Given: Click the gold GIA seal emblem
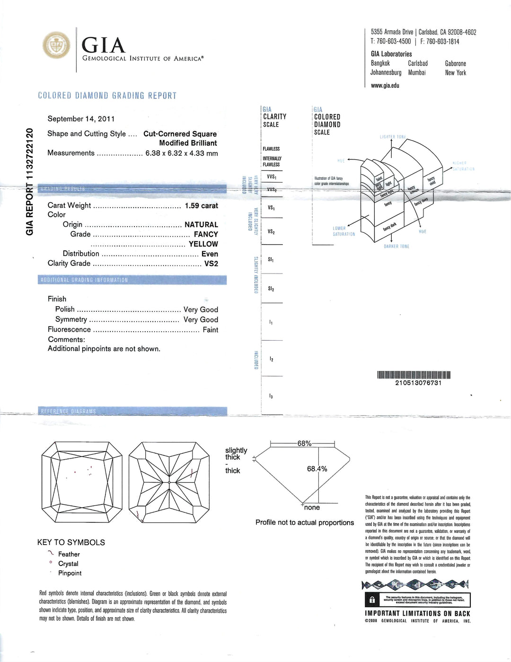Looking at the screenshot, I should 57,46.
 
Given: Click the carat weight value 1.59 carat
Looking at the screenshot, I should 201,206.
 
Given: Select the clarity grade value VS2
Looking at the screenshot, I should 211,264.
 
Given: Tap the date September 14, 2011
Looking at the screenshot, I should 81,119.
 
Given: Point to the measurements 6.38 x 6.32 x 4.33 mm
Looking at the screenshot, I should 181,153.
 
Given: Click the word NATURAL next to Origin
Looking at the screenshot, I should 201,225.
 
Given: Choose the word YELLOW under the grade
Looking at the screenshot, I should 203,244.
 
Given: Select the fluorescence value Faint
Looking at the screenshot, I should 210,330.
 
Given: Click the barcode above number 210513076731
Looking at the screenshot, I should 414,375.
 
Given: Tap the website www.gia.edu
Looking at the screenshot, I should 385,86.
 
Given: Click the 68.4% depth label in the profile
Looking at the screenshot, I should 317,469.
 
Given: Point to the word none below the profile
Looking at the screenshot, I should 312,508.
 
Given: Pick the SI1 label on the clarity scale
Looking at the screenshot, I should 271,260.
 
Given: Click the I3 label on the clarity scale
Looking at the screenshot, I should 271,396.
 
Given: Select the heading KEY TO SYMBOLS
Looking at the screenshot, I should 71,542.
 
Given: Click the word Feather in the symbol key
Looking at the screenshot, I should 69,554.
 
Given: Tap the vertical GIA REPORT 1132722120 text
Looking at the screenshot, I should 30,182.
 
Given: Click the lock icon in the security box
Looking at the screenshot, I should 371,600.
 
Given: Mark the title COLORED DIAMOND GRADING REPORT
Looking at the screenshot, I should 107,96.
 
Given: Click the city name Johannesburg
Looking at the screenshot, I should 386,73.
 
